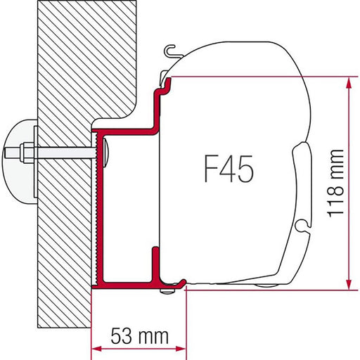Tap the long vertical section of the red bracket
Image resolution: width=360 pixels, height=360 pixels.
tap(99, 211)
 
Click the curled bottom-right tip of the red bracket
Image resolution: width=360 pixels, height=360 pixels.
tap(183, 283)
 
